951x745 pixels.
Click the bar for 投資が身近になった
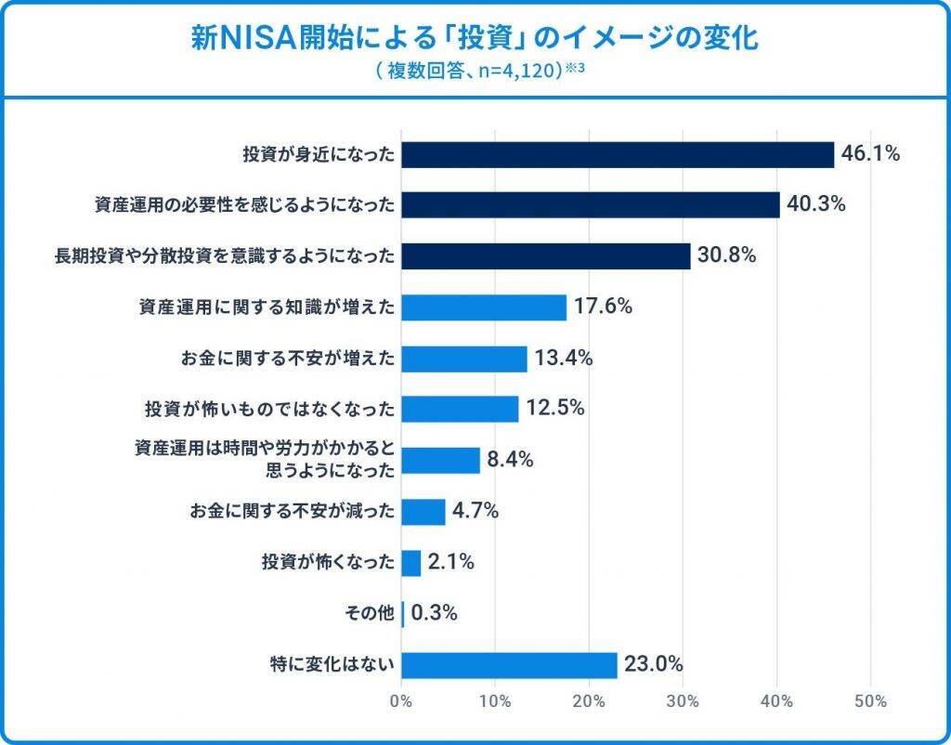[618, 155]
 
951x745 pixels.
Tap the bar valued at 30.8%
[546, 256]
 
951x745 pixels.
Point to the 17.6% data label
[604, 306]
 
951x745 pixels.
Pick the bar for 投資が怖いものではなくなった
[461, 409]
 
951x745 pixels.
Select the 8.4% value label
[510, 459]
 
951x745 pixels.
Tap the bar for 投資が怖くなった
[411, 562]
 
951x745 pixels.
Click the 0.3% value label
[434, 613]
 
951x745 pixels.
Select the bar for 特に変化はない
[510, 665]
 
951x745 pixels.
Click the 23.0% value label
[654, 664]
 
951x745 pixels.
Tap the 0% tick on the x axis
[402, 700]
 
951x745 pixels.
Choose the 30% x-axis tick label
[684, 700]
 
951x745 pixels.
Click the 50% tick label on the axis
[870, 700]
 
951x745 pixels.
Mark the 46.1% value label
[870, 154]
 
